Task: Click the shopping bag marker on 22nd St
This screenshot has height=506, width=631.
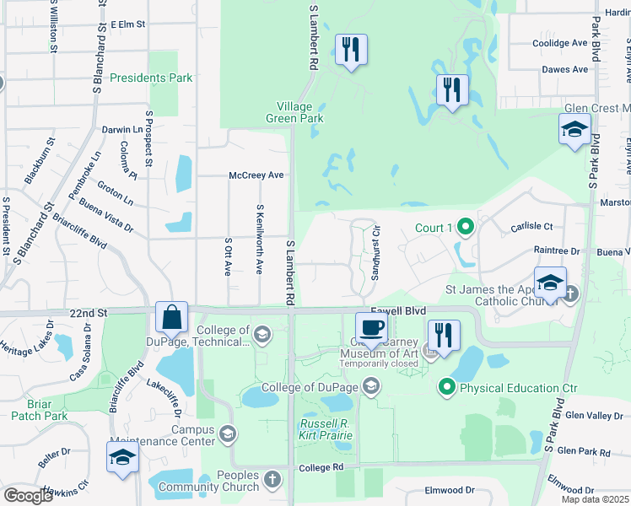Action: point(171,319)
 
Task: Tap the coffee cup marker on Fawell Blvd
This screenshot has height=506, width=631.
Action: point(371,327)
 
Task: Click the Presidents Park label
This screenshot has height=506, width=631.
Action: point(151,78)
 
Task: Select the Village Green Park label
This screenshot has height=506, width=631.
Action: point(300,113)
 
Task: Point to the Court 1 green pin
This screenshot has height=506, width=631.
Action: point(462,228)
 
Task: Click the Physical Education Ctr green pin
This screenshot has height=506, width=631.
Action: point(447,388)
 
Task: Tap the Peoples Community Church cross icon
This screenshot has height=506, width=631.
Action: point(272,480)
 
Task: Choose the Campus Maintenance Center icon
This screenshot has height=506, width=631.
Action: point(226,434)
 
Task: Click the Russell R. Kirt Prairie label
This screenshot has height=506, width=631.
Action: point(326,429)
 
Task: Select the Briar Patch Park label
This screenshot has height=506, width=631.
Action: point(40,409)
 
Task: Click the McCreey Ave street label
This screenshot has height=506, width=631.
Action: point(256,175)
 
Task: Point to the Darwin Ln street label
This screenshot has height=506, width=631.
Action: point(122,130)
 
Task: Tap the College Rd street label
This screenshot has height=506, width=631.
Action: point(321,466)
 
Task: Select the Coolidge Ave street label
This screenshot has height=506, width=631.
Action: point(559,43)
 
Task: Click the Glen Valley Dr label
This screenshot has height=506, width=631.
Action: point(594,415)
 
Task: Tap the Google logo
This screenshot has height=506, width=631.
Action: point(28,496)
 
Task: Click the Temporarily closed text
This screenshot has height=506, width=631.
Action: point(379,364)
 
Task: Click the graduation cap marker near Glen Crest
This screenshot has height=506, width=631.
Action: point(574,131)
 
